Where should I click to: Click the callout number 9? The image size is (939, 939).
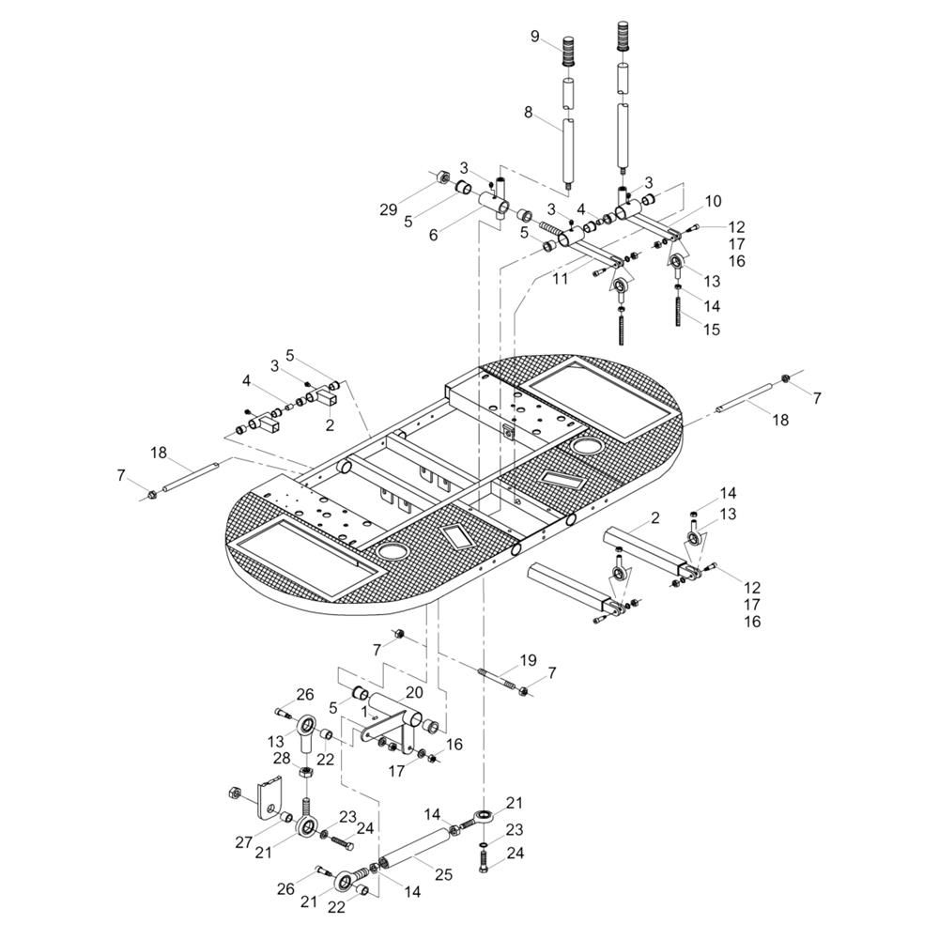click(535, 37)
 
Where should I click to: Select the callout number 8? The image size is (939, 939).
click(528, 112)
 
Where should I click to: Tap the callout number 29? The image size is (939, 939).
click(389, 209)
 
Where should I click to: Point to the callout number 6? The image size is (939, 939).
click(433, 236)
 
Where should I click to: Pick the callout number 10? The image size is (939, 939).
click(714, 201)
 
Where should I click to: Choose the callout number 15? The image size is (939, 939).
click(712, 330)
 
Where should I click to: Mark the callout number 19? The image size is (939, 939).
click(528, 660)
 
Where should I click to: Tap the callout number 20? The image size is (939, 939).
click(414, 692)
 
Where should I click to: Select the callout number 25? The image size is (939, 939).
click(443, 875)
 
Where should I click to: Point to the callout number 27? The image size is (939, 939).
click(244, 842)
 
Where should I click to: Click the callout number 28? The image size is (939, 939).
click(282, 759)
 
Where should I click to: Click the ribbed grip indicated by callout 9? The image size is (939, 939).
click(568, 52)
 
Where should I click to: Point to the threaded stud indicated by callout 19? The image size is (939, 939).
click(499, 679)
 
